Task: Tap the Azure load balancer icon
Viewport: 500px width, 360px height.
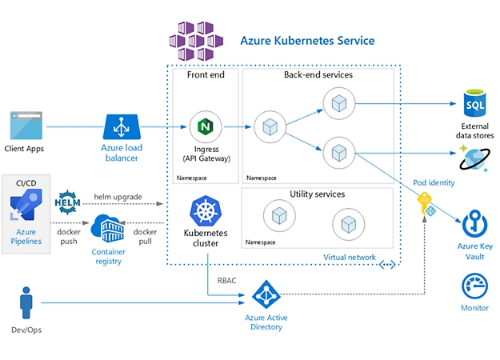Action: click(122, 127)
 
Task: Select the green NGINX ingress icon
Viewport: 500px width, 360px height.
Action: click(206, 127)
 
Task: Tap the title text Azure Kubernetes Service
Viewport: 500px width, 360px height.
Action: click(307, 40)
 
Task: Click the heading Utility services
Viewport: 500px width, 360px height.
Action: click(318, 194)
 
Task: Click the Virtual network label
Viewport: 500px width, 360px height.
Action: click(350, 257)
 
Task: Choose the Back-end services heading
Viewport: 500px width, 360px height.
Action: click(318, 75)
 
